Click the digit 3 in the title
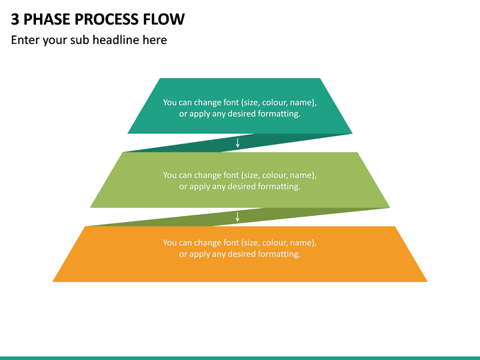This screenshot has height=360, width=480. click(15, 19)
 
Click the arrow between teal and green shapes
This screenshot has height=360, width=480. click(237, 143)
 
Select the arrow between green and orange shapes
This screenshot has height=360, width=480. click(237, 217)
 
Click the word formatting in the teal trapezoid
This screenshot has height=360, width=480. click(279, 114)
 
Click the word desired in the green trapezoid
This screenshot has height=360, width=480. click(241, 187)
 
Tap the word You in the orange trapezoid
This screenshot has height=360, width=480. click(169, 243)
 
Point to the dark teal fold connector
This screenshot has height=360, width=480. click(237, 143)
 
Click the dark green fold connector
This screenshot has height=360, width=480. click(237, 217)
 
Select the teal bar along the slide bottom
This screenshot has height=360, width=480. click(240, 358)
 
